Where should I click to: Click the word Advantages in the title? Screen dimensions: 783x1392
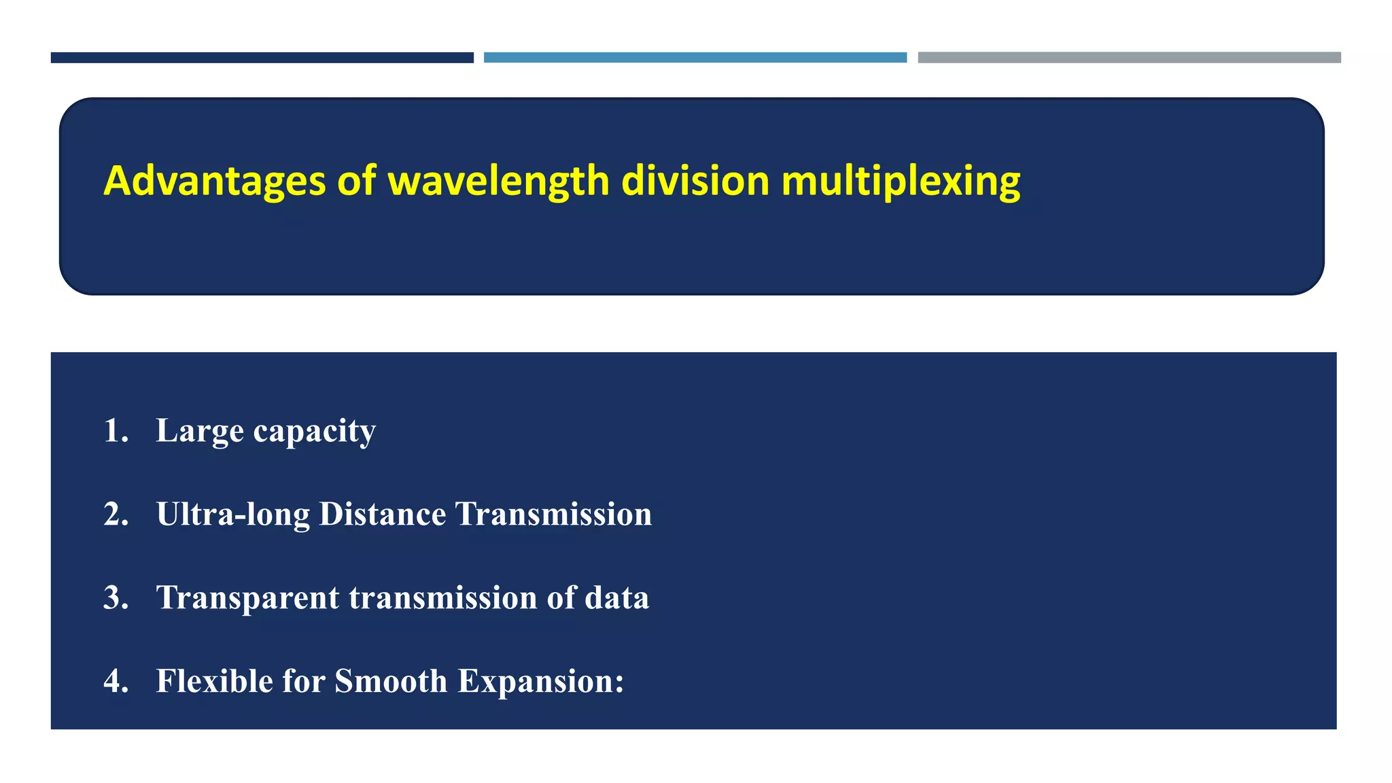click(x=214, y=181)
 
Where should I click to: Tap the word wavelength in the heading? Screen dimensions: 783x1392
click(x=498, y=181)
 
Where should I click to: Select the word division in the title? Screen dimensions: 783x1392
click(x=695, y=181)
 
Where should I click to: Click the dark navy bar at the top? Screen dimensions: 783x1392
click(x=262, y=58)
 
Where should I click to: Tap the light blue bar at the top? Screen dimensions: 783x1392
click(x=695, y=58)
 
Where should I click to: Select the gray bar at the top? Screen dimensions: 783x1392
click(x=1129, y=58)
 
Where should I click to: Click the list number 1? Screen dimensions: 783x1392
click(x=114, y=431)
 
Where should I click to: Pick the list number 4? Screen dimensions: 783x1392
click(x=115, y=681)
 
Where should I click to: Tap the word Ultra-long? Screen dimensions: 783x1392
click(x=232, y=515)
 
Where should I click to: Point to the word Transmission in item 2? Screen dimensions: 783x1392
click(x=553, y=515)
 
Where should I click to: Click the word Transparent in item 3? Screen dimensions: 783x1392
click(x=247, y=598)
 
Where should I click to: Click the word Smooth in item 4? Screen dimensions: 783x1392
click(x=391, y=681)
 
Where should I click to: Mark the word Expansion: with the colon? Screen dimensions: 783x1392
click(x=540, y=682)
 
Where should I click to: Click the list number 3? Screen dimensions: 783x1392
click(x=115, y=598)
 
